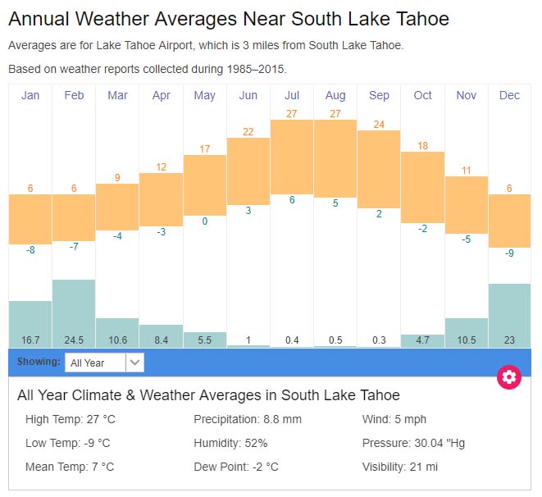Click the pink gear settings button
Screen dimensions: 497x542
click(x=509, y=377)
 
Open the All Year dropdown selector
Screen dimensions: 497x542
click(x=105, y=362)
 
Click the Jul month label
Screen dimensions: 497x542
click(x=291, y=96)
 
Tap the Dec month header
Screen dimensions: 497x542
click(x=509, y=96)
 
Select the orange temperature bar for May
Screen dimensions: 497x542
click(x=204, y=185)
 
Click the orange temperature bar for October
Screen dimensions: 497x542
click(x=422, y=187)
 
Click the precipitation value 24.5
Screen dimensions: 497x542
click(x=74, y=340)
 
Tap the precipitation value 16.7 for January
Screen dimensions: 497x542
click(x=30, y=340)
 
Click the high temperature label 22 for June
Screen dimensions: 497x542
click(x=248, y=131)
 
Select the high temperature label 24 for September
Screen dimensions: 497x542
click(x=379, y=125)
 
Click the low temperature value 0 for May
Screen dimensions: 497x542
click(x=204, y=221)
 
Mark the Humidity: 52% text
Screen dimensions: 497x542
click(x=230, y=443)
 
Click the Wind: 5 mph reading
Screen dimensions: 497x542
click(x=394, y=419)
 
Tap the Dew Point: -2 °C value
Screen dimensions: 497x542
click(x=236, y=467)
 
